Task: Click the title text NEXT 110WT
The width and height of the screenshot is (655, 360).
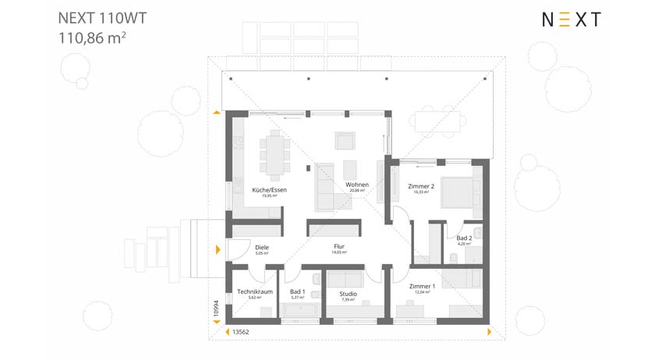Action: pos(101,17)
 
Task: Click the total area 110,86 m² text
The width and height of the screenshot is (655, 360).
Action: pos(92,37)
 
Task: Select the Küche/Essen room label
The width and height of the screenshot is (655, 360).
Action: pos(269,190)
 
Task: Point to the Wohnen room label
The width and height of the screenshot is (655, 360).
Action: pos(357,185)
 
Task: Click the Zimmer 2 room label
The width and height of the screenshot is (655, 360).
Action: pos(421,187)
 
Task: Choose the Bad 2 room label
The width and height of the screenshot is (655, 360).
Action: pos(464,238)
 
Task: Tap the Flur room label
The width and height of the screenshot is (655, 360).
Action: pos(339,247)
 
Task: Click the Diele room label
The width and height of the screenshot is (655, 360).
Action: pos(262,248)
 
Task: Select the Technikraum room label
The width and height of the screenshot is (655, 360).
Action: pos(254,292)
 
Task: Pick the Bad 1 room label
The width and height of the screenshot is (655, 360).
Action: pos(297,292)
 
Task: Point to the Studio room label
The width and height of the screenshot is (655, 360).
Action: pos(348,295)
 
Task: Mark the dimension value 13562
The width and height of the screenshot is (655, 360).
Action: pos(241,332)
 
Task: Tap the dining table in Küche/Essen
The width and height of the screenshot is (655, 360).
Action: pos(274,154)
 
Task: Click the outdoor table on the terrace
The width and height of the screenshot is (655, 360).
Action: pos(437,122)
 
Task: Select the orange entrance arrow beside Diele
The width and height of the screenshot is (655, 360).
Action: pos(218,250)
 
